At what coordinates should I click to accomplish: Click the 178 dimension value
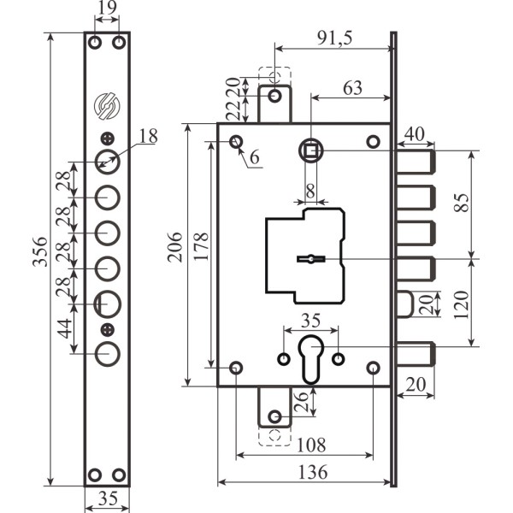point(199,254)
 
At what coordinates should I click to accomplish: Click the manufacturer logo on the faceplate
point(107,105)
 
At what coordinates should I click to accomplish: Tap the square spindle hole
point(311,150)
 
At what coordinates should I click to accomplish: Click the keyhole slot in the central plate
point(310,258)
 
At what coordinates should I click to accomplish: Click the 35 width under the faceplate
point(107,499)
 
